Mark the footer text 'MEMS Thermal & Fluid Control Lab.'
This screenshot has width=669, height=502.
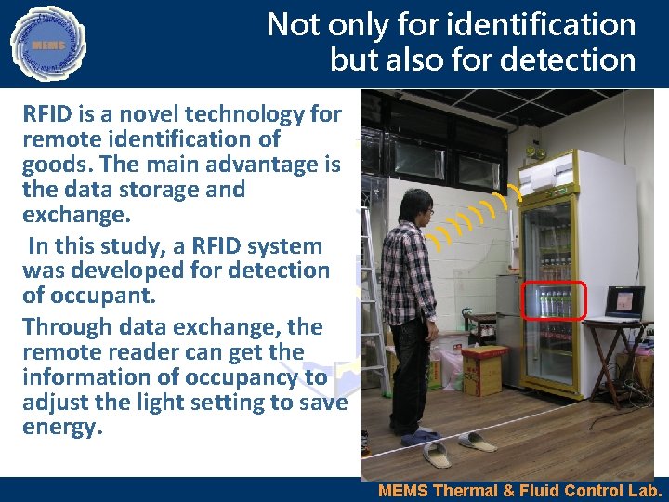(x=520, y=491)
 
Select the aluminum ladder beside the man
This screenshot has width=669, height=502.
(x=372, y=279)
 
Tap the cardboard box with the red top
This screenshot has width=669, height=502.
(x=481, y=368)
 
